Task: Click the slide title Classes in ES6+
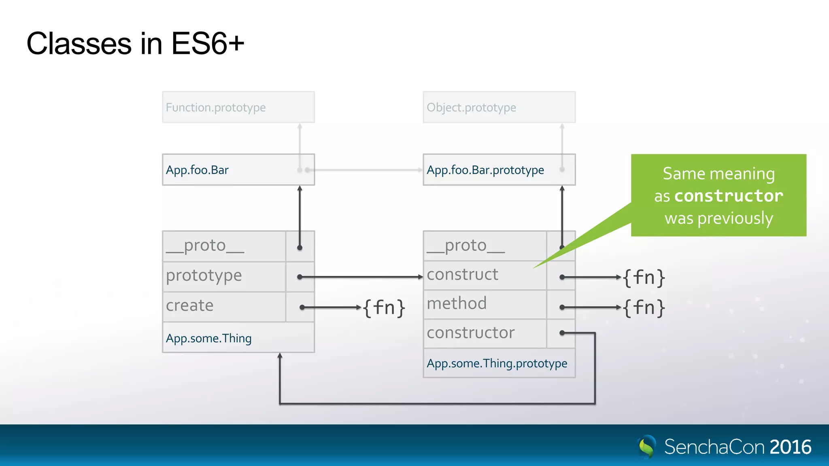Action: [x=135, y=44]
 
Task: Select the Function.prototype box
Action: [x=238, y=107]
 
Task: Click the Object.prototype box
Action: [x=499, y=107]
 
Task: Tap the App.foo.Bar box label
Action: [x=197, y=170]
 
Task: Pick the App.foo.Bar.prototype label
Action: [x=485, y=170]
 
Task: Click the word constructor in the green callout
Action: [x=729, y=196]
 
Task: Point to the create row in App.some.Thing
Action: [x=189, y=306]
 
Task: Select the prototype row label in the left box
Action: [x=204, y=276]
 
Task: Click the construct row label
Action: [x=462, y=275]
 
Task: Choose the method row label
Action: [x=457, y=303]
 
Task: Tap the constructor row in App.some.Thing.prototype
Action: [x=470, y=333]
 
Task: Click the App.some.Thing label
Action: [x=208, y=338]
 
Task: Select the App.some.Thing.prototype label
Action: [x=497, y=363]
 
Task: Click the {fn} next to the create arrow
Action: [x=384, y=308]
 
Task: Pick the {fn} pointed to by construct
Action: [x=644, y=278]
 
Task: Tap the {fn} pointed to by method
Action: [x=644, y=308]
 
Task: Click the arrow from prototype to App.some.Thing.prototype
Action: [x=360, y=277]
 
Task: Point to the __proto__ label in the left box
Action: [x=205, y=246]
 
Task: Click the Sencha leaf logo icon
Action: [x=647, y=447]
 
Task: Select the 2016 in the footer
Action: [x=790, y=447]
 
